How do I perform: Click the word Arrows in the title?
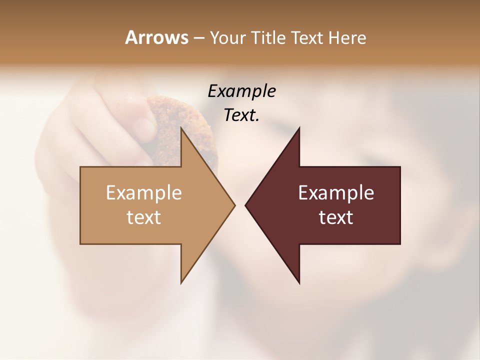coord(156,37)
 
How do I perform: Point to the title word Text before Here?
coord(307,37)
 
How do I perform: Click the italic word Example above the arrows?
coord(241,91)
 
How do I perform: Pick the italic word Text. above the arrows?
coord(241,115)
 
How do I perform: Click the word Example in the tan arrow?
coord(144,192)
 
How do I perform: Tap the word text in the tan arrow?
coord(144,217)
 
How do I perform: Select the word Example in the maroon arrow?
coord(336,192)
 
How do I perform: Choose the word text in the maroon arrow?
coord(336,217)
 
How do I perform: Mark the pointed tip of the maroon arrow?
coord(247,205)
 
